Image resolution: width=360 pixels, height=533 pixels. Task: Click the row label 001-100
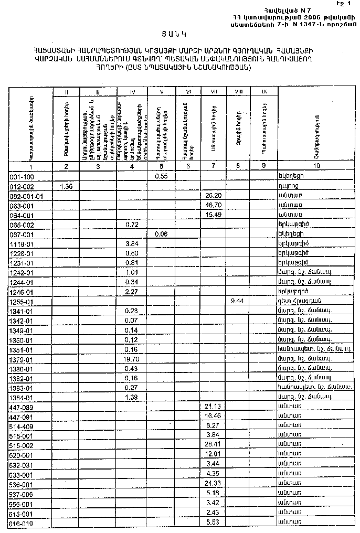tap(22, 177)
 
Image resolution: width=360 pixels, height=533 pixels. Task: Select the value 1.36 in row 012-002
tap(67, 186)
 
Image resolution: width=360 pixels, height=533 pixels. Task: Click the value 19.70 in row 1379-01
tap(132, 359)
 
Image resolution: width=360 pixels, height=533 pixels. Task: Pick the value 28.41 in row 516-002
tap(213, 445)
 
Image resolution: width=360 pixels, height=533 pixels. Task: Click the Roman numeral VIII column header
tap(238, 92)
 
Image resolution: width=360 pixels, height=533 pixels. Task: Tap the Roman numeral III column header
tap(98, 92)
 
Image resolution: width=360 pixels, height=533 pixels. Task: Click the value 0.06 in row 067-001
tap(161, 234)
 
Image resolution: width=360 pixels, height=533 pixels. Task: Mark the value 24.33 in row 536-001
tap(213, 484)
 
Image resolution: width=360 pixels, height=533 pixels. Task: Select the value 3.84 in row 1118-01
tap(132, 244)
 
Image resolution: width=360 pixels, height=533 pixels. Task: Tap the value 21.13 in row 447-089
tap(213, 407)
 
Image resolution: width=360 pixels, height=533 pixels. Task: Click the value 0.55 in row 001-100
tap(161, 177)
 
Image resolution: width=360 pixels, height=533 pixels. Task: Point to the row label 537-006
tap(22, 494)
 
